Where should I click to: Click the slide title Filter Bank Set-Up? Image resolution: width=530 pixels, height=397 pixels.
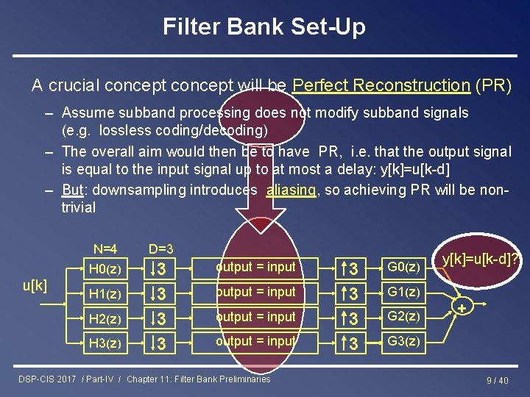tap(264, 28)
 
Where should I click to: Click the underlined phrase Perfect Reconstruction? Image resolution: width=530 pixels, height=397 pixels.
tap(381, 85)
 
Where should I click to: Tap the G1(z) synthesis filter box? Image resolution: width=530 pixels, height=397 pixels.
tap(403, 292)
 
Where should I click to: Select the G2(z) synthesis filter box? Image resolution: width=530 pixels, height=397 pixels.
tap(403, 317)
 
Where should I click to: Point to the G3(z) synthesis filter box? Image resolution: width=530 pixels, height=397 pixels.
tap(403, 342)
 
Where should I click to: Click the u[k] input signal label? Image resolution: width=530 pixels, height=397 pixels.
tap(35, 285)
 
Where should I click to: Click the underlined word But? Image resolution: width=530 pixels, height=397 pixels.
tap(72, 190)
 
